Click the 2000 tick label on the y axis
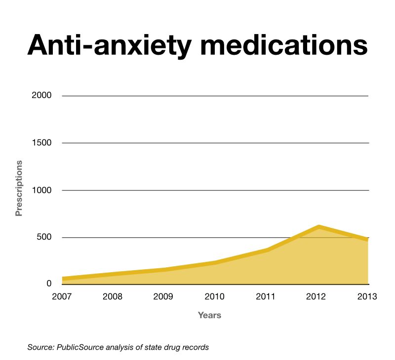[x=41, y=96]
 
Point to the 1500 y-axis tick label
[x=41, y=143]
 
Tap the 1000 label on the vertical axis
[x=41, y=190]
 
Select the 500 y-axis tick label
[x=43, y=238]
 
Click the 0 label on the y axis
[x=49, y=284]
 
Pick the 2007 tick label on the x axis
[x=63, y=297]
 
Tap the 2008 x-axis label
[x=113, y=297]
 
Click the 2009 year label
[x=164, y=297]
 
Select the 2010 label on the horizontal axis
[x=215, y=297]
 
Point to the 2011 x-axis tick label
[x=266, y=297]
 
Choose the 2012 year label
[x=317, y=297]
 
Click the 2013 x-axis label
[x=367, y=297]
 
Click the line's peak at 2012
[x=319, y=227]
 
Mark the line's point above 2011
[x=268, y=250]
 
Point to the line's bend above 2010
[x=216, y=262]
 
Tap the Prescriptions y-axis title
[x=19, y=188]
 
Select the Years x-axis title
[x=209, y=315]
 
